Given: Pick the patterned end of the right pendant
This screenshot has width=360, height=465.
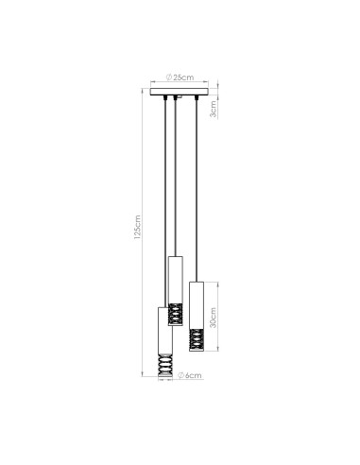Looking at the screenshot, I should [196, 337].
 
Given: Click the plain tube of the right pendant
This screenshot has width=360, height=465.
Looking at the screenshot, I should [196, 302].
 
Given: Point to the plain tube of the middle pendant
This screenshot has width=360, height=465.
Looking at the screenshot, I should [174, 279].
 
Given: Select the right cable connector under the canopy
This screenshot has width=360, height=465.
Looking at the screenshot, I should [196, 98].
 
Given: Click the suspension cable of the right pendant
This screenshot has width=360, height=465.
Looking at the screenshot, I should [196, 189].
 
